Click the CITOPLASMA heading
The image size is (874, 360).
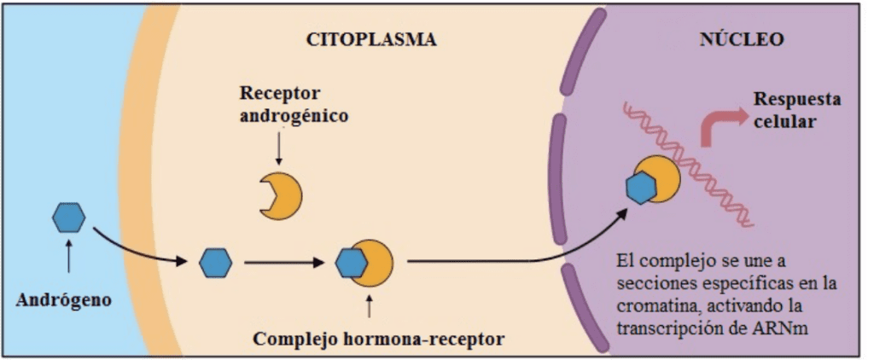tap(372, 40)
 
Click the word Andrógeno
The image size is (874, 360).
tap(63, 299)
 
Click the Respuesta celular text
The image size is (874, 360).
tap(798, 110)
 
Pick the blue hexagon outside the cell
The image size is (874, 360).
tap(68, 218)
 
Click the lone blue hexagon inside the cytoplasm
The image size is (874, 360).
tap(216, 263)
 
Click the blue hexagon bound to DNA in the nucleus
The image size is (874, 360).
tap(642, 189)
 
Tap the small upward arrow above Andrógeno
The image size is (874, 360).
tap(68, 256)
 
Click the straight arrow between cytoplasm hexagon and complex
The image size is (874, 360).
tap(284, 263)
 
